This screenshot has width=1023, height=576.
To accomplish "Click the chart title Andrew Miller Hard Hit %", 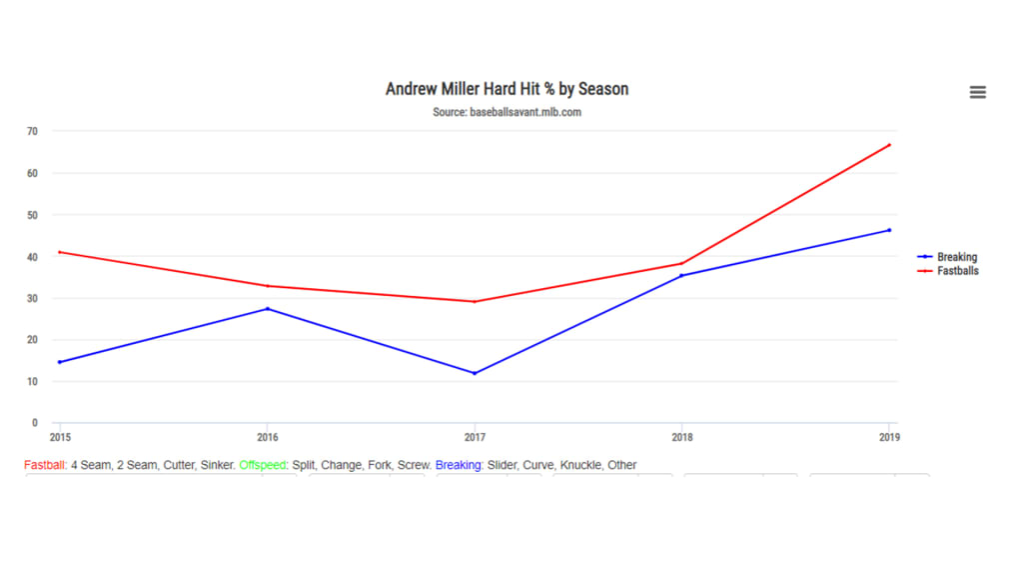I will (x=507, y=89).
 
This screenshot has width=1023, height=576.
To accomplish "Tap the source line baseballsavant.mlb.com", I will (x=507, y=112).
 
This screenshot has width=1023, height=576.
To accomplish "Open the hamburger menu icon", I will (x=978, y=92).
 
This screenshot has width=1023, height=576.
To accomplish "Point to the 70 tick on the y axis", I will (x=33, y=131).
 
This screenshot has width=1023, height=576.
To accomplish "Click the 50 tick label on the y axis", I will (x=33, y=215).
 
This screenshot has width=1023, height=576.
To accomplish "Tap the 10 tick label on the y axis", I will (x=33, y=382).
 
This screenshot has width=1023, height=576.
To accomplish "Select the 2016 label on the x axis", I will (x=267, y=437).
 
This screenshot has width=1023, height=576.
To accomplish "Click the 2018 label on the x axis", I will (x=681, y=437).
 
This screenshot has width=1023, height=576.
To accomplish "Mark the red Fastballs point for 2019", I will (x=889, y=145).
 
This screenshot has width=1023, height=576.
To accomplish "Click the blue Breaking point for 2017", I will (x=475, y=373).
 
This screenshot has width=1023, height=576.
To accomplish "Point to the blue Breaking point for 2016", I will (x=267, y=309).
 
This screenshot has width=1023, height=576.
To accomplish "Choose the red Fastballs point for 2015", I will (x=60, y=252).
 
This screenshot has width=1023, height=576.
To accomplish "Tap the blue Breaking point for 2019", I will (x=889, y=230).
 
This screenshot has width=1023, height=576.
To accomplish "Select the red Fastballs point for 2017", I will (x=475, y=301).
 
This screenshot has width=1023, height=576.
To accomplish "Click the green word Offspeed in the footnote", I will (x=262, y=465).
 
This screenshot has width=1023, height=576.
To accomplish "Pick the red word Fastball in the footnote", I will (x=44, y=465).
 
